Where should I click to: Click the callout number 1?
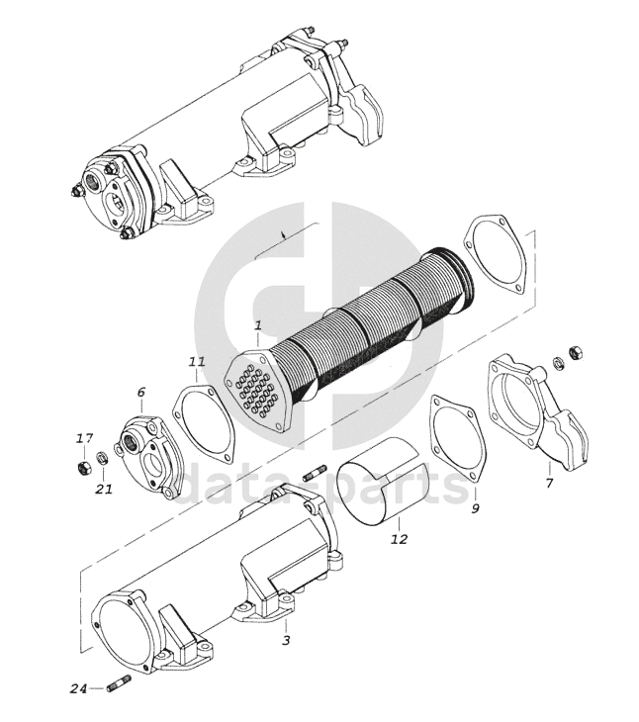pyautogui.click(x=258, y=324)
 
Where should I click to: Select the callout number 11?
pyautogui.click(x=197, y=363)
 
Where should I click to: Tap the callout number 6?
pyautogui.click(x=140, y=393)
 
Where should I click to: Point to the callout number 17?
pyautogui.click(x=86, y=438)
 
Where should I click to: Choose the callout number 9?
pyautogui.click(x=475, y=508)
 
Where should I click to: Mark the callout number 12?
pyautogui.click(x=399, y=539)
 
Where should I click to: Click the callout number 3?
pyautogui.click(x=286, y=640)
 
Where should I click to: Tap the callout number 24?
pyautogui.click(x=79, y=688)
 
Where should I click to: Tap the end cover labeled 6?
pyautogui.click(x=151, y=455)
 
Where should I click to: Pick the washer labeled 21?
pyautogui.click(x=103, y=459)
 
